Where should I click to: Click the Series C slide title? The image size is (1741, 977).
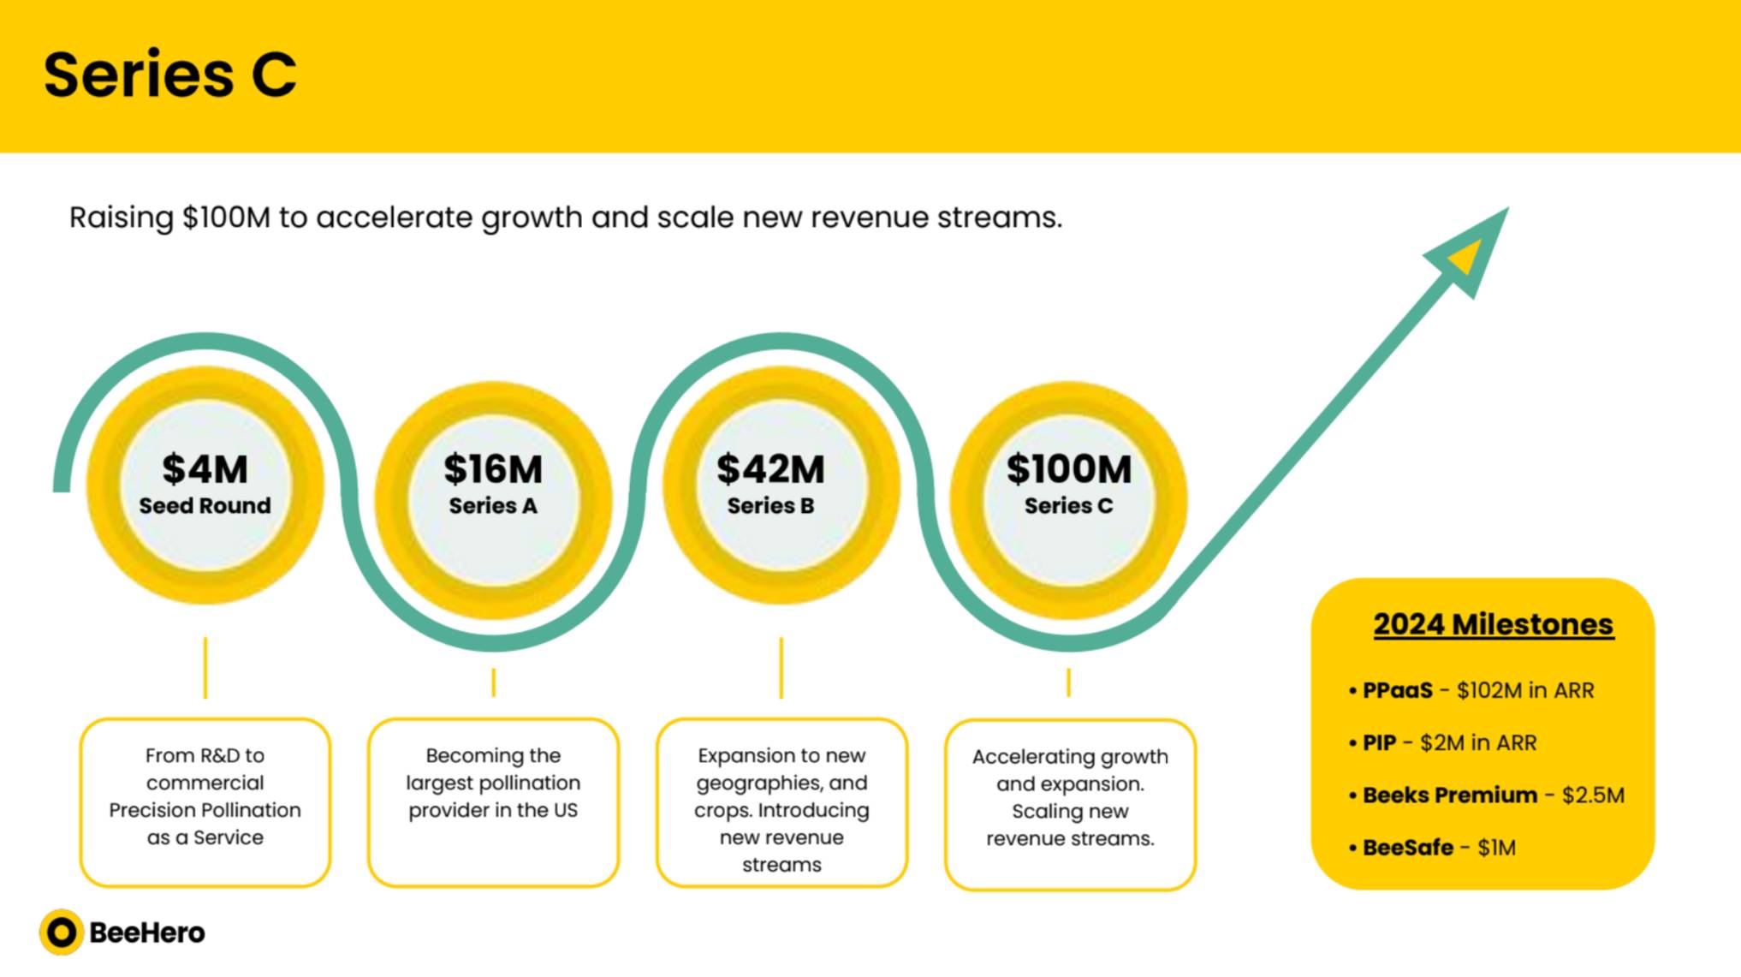pyautogui.click(x=169, y=74)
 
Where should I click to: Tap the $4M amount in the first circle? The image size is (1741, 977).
pyautogui.click(x=205, y=469)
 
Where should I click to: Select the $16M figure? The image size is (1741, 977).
pyautogui.click(x=493, y=469)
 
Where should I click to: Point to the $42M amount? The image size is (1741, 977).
pyautogui.click(x=770, y=469)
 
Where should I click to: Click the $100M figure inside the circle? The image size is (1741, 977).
pyautogui.click(x=1069, y=469)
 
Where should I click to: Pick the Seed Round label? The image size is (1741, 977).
pyautogui.click(x=205, y=506)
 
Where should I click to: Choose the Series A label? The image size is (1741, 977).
pyautogui.click(x=493, y=506)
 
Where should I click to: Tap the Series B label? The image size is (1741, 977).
pyautogui.click(x=770, y=506)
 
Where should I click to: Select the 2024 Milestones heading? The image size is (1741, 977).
pyautogui.click(x=1494, y=624)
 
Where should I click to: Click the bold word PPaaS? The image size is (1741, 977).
pyautogui.click(x=1397, y=690)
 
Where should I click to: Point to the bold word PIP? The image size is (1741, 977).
pyautogui.click(x=1379, y=743)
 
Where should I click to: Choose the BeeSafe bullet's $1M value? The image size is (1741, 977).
pyautogui.click(x=1496, y=848)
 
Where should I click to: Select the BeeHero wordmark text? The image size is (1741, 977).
pyautogui.click(x=147, y=932)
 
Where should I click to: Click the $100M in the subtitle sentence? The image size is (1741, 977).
pyautogui.click(x=226, y=217)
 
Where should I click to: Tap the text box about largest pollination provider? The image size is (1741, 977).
pyautogui.click(x=493, y=802)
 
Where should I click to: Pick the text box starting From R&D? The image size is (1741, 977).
pyautogui.click(x=205, y=802)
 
